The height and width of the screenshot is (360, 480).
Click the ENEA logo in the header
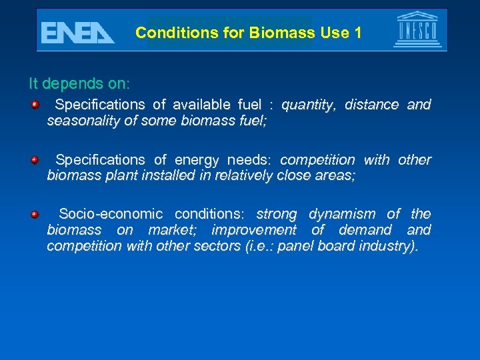(x=77, y=32)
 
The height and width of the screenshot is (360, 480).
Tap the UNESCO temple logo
(x=417, y=30)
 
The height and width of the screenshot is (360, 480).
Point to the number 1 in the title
(x=358, y=33)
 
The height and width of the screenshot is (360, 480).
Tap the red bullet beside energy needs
(x=34, y=159)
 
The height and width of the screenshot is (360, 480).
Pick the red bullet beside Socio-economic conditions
(x=34, y=214)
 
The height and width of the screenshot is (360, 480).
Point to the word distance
(x=371, y=105)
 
